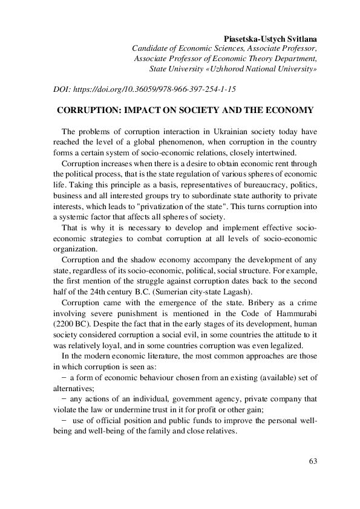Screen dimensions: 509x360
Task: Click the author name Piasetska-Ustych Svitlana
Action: [x=267, y=37]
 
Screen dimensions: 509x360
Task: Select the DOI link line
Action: [x=145, y=88]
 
